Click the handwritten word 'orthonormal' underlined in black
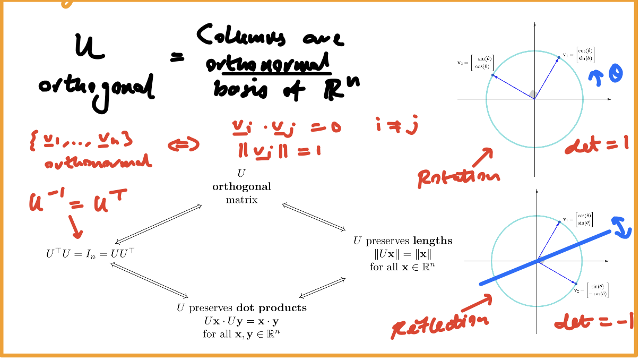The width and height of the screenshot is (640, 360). point(268,66)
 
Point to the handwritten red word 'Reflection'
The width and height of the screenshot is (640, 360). point(439,324)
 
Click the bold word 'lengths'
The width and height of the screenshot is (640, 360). point(434,241)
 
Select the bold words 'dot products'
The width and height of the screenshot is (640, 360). point(271,307)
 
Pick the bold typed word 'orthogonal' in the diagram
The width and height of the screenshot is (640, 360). point(241,186)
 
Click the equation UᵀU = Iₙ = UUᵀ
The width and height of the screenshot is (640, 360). point(90,253)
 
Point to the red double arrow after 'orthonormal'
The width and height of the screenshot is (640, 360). point(183,144)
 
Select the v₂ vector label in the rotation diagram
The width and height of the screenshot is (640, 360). point(475,62)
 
